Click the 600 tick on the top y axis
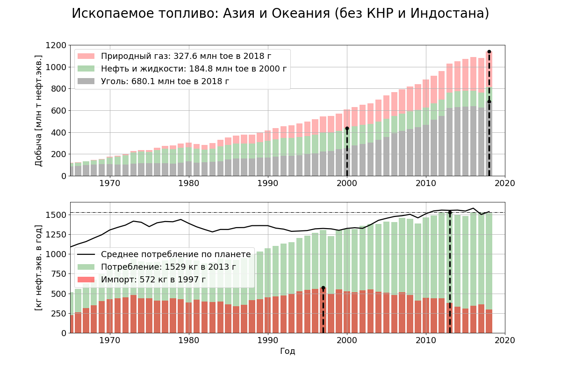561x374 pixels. tap(59, 111)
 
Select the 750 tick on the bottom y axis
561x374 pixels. tap(59, 274)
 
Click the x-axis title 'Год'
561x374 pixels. tap(288, 351)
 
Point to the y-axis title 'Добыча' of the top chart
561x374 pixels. tap(39, 110)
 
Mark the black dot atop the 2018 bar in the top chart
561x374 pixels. tap(489, 52)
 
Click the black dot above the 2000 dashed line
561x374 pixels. tap(347, 128)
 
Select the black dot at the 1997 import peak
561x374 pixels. tap(323, 288)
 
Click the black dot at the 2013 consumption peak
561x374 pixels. tap(450, 213)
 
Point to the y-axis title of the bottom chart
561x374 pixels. tap(39, 267)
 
